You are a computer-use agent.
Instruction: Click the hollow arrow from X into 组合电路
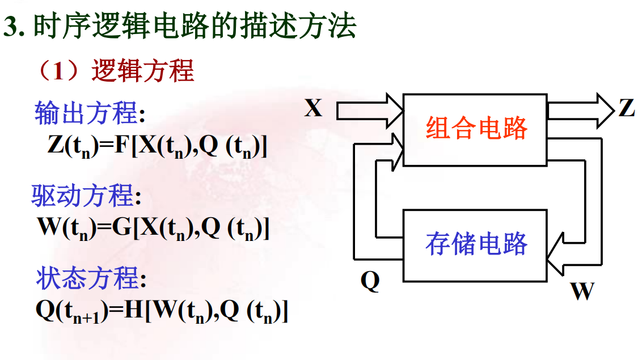pyautogui.click(x=369, y=110)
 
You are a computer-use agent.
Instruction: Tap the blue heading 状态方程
pyautogui.click(x=87, y=279)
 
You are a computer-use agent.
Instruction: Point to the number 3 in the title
pyautogui.click(x=10, y=27)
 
